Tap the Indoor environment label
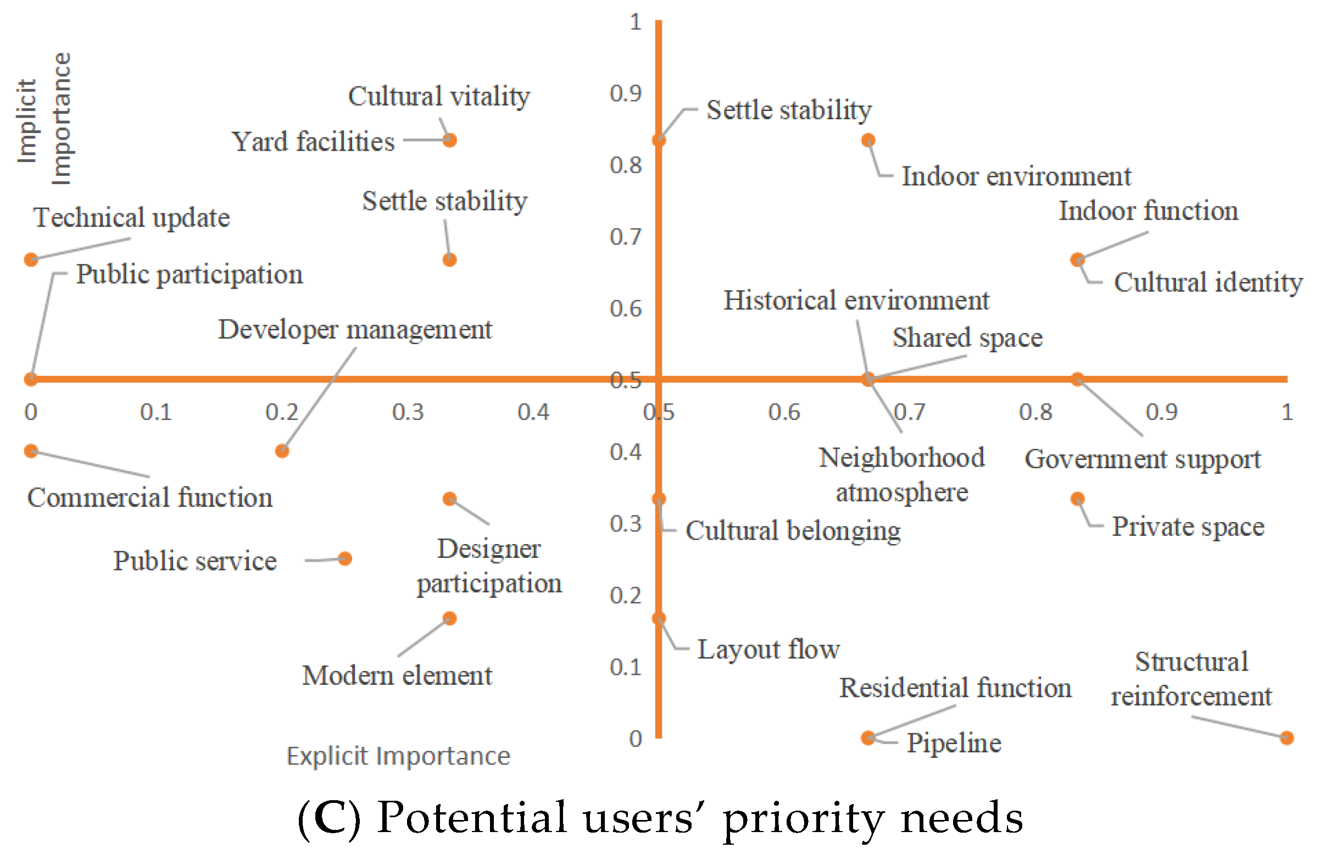point(1016,176)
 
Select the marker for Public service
point(345,558)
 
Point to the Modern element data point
point(450,618)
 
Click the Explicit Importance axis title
point(398,756)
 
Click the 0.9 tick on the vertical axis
point(626,93)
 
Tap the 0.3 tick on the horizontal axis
point(408,412)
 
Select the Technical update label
point(131,218)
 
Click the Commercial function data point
point(31,451)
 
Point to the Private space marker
point(1077,499)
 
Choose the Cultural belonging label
point(793,530)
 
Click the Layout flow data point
point(659,618)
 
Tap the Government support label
point(1142,459)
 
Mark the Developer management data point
point(282,451)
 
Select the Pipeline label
point(954,743)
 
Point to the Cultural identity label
point(1207,282)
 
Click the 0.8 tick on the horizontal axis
point(1035,412)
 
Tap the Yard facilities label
point(313,141)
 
